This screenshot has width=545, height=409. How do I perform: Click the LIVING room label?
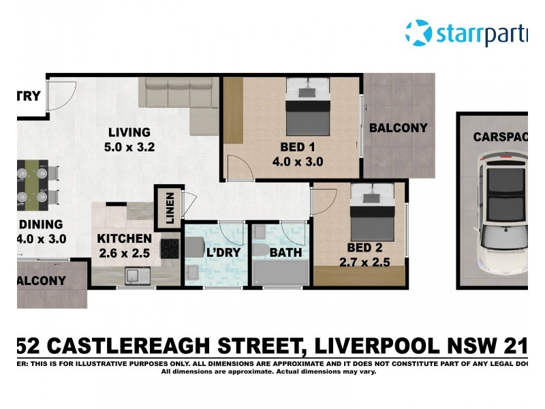pyautogui.click(x=128, y=132)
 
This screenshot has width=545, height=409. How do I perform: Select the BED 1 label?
pyautogui.click(x=297, y=147)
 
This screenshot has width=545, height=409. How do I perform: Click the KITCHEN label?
pyautogui.click(x=124, y=239)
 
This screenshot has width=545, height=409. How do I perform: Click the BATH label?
pyautogui.click(x=281, y=253)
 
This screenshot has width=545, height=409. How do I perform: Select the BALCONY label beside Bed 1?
pyautogui.click(x=399, y=127)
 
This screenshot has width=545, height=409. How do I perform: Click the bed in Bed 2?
pyautogui.click(x=372, y=211)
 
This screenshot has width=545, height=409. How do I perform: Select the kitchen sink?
pyautogui.click(x=134, y=276)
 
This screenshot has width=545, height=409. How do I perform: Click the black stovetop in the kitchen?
pyautogui.click(x=170, y=249)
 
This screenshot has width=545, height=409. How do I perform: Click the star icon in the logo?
pyautogui.click(x=418, y=33)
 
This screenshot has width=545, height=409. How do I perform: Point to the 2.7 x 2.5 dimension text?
pyautogui.click(x=364, y=262)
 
